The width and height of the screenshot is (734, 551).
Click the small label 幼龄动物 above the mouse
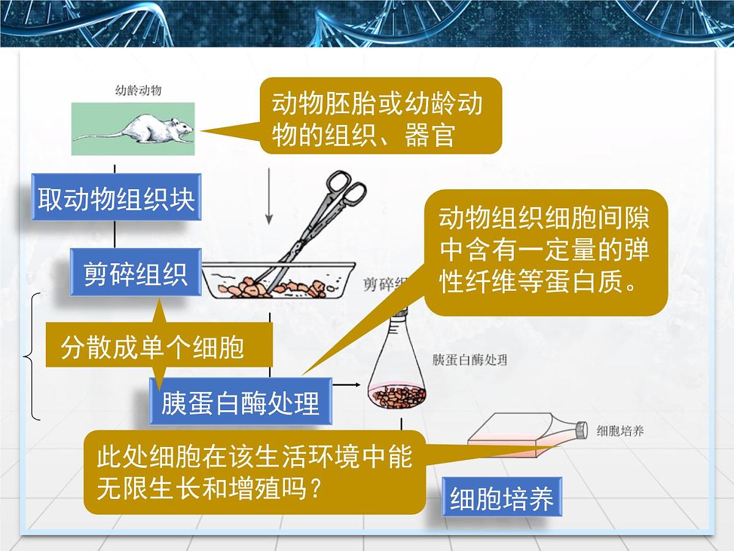(x=138, y=91)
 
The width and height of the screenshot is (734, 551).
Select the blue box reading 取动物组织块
(x=116, y=199)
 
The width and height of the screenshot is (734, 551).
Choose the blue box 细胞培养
(x=502, y=498)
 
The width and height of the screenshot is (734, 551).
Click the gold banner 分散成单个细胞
(x=153, y=347)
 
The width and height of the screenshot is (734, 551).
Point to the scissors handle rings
(x=343, y=187)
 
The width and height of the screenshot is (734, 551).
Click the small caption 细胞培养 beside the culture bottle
(x=620, y=431)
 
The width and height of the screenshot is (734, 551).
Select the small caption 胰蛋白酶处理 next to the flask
(x=469, y=360)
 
